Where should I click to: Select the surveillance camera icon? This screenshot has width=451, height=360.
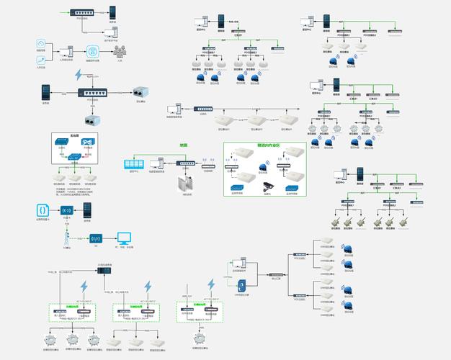(267, 186)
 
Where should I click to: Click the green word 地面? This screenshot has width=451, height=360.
(183, 145)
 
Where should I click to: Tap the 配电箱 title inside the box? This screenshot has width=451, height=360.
(74, 135)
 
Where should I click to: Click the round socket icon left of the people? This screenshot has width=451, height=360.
(91, 51)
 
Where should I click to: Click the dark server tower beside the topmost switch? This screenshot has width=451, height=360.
(112, 12)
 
